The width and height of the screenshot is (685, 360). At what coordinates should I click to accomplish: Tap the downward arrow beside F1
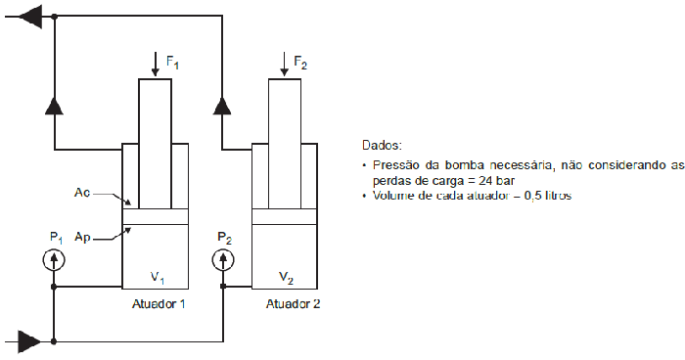point(156,62)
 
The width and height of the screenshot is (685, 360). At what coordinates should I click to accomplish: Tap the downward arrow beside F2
point(284,62)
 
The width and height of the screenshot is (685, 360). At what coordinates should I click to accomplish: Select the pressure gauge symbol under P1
point(54,260)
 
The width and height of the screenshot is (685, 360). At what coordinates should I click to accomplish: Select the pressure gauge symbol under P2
point(224,260)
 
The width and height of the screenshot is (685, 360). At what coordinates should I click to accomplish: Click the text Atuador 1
point(159,304)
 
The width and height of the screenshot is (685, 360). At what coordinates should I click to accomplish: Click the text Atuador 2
point(293,304)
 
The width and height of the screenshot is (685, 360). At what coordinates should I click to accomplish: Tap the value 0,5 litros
point(543,196)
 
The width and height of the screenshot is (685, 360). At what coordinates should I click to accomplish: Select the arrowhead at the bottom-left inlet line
point(30,341)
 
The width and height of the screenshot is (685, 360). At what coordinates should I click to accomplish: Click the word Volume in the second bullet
point(394,196)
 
